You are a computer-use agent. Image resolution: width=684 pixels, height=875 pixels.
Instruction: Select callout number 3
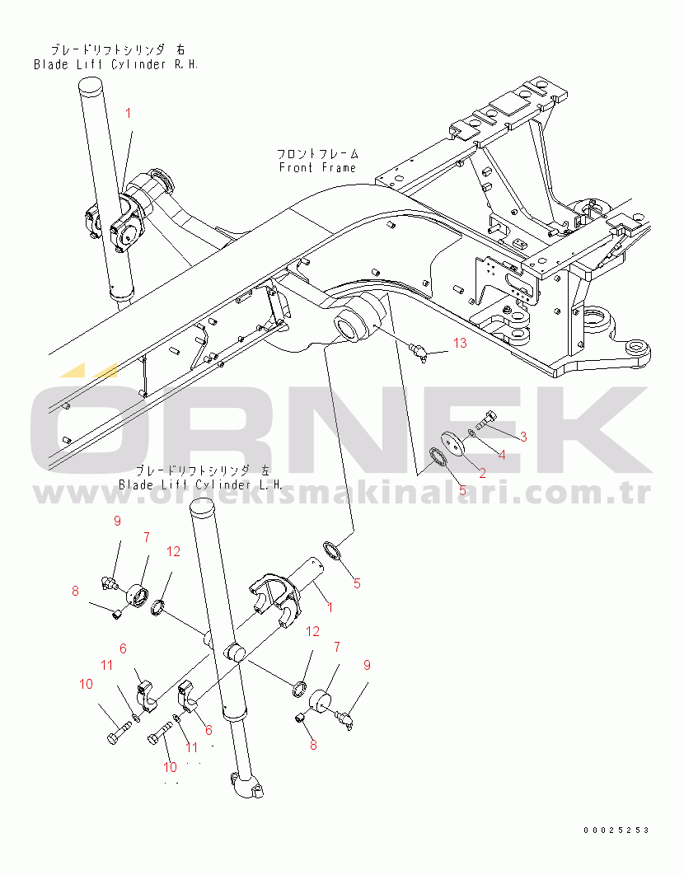pyautogui.click(x=522, y=435)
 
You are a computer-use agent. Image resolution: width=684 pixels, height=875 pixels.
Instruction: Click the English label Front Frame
pyautogui.click(x=317, y=167)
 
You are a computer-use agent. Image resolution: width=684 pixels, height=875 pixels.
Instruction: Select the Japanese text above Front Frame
pyautogui.click(x=317, y=153)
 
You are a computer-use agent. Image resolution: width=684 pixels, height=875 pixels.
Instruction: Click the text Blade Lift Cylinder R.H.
pyautogui.click(x=115, y=63)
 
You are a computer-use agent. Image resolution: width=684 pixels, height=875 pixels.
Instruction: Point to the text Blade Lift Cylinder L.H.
pyautogui.click(x=200, y=484)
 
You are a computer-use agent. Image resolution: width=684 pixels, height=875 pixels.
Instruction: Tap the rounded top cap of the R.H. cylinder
pyautogui.click(x=91, y=86)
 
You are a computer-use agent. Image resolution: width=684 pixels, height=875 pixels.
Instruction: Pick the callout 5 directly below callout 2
pyautogui.click(x=462, y=490)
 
